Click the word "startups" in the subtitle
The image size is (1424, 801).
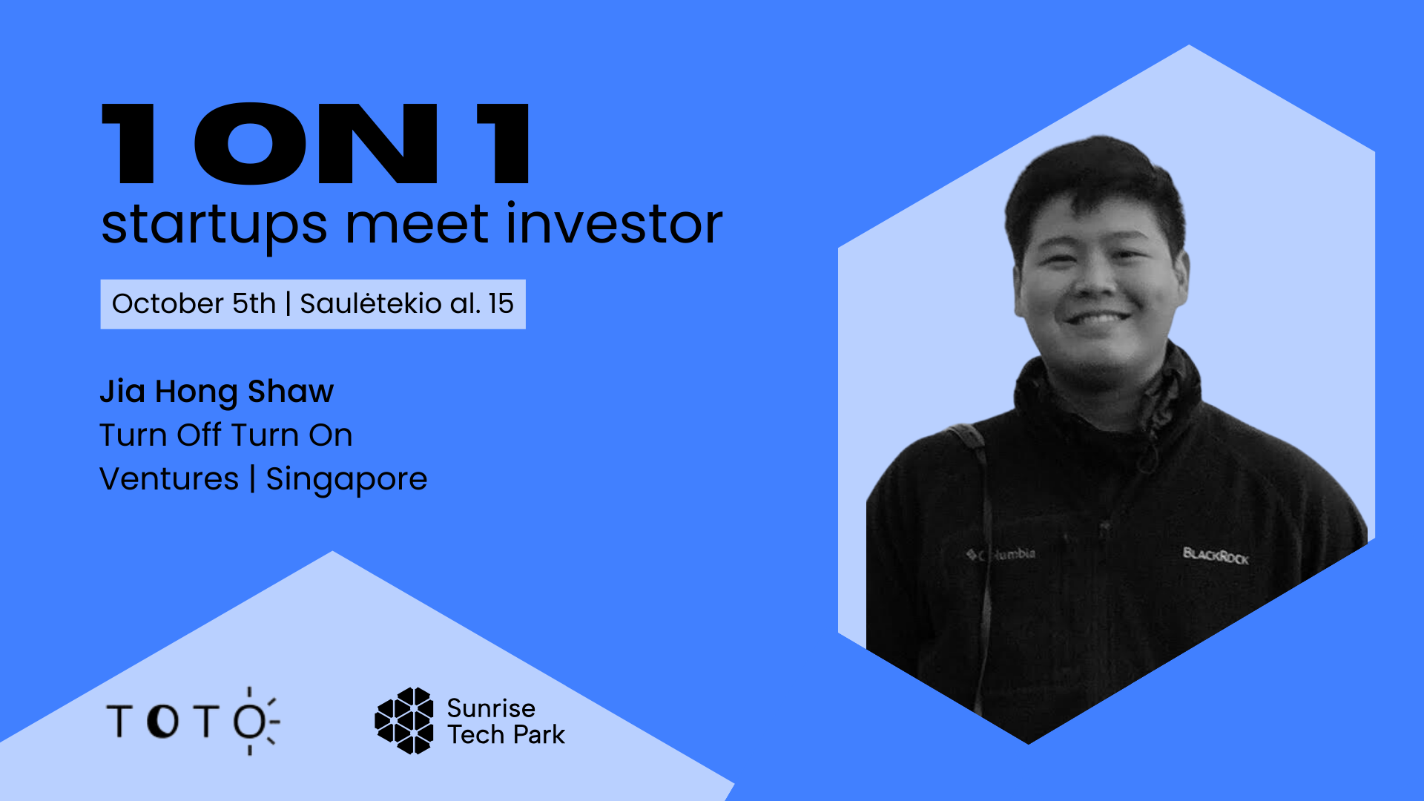[214, 225]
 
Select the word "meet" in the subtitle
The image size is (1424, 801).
[417, 224]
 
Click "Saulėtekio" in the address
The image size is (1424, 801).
[371, 303]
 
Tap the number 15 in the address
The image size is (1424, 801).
[501, 304]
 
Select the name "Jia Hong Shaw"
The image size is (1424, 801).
[217, 392]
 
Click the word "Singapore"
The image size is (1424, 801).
[346, 480]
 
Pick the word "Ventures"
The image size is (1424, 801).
[169, 478]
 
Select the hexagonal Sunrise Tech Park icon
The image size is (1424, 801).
[404, 721]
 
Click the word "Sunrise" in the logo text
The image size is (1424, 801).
[491, 708]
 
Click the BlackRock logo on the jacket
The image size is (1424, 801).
[1216, 556]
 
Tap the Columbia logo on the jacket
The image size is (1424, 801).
[1001, 554]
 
